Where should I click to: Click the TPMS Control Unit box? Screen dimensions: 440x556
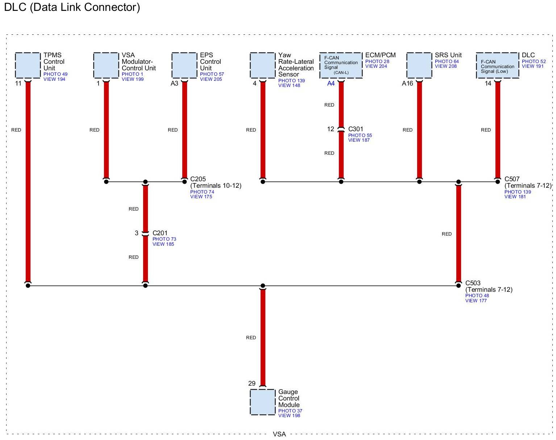(x=28, y=65)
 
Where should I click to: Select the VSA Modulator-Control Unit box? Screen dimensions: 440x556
(x=106, y=65)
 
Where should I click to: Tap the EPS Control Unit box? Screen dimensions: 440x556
(x=184, y=65)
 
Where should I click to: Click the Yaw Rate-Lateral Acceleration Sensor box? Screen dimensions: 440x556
(x=262, y=65)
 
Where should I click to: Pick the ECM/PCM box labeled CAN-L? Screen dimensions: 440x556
(x=341, y=65)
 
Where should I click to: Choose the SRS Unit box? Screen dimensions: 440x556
(x=419, y=65)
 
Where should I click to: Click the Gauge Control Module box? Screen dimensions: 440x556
(x=262, y=402)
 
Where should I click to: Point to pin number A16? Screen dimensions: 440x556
(x=407, y=84)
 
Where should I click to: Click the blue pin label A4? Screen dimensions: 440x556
(x=331, y=84)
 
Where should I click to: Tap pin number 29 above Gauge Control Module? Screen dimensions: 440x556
(x=252, y=383)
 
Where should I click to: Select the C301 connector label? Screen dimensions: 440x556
(x=356, y=129)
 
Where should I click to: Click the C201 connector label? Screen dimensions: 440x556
(x=160, y=233)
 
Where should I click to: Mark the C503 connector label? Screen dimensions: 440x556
(x=473, y=283)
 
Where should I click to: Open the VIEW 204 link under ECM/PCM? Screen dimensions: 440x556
(x=376, y=66)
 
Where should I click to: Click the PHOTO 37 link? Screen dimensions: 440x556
(x=290, y=411)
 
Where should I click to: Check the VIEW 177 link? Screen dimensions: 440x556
(x=476, y=300)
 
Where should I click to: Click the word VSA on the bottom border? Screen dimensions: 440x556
(x=279, y=434)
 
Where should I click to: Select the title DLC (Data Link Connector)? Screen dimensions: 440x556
(x=72, y=7)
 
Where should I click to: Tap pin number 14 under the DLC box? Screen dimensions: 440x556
(x=488, y=84)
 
